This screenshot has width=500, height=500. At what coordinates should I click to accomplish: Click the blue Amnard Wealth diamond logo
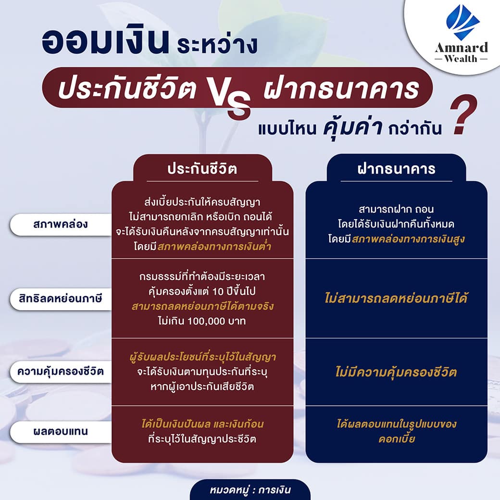tap(462, 22)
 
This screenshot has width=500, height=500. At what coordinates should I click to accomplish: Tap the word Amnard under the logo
tap(461, 48)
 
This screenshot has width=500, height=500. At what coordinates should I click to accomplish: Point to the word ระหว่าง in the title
tap(217, 45)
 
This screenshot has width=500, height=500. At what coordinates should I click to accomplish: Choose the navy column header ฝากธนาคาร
tap(396, 169)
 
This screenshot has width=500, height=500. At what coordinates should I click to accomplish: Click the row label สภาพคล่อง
tap(60, 224)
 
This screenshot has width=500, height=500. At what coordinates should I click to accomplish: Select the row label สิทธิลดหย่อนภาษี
tap(60, 299)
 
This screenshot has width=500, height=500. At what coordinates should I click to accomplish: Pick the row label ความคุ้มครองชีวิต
tap(60, 371)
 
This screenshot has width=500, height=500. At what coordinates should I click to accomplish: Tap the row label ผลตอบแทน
tap(60, 431)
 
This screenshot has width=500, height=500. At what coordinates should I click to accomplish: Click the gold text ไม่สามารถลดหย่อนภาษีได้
tap(396, 299)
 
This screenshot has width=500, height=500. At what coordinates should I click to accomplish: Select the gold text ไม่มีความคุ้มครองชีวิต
tap(396, 372)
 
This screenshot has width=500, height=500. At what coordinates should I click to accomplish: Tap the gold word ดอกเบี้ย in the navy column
tap(397, 439)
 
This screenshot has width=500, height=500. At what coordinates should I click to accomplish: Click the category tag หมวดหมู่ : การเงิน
tap(250, 490)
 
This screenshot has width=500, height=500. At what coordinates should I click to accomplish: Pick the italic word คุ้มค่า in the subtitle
tap(352, 127)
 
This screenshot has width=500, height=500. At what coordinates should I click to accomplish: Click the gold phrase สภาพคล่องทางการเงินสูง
tap(408, 239)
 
